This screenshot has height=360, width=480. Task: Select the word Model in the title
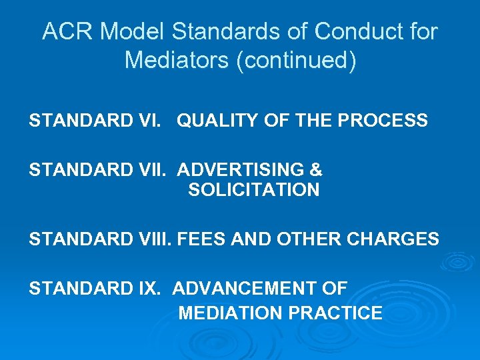[129, 31]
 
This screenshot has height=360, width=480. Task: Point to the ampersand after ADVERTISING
[315, 169]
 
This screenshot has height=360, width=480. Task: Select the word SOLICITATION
[253, 190]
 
